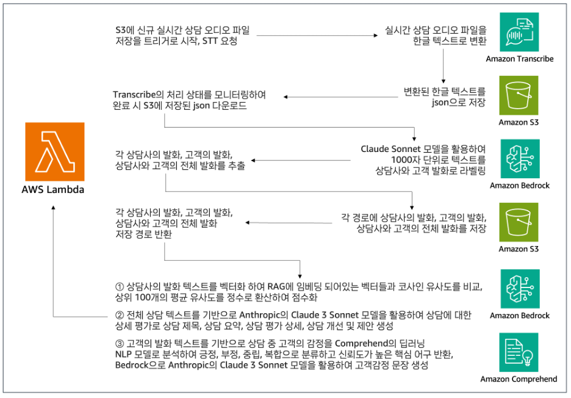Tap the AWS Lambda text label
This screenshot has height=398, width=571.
(x=54, y=189)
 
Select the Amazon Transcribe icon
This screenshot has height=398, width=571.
(x=519, y=32)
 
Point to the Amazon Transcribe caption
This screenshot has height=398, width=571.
(x=520, y=59)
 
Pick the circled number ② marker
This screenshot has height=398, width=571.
(x=120, y=315)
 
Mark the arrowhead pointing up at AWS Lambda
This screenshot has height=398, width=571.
(x=54, y=208)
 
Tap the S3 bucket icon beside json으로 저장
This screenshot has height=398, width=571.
(x=519, y=95)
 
